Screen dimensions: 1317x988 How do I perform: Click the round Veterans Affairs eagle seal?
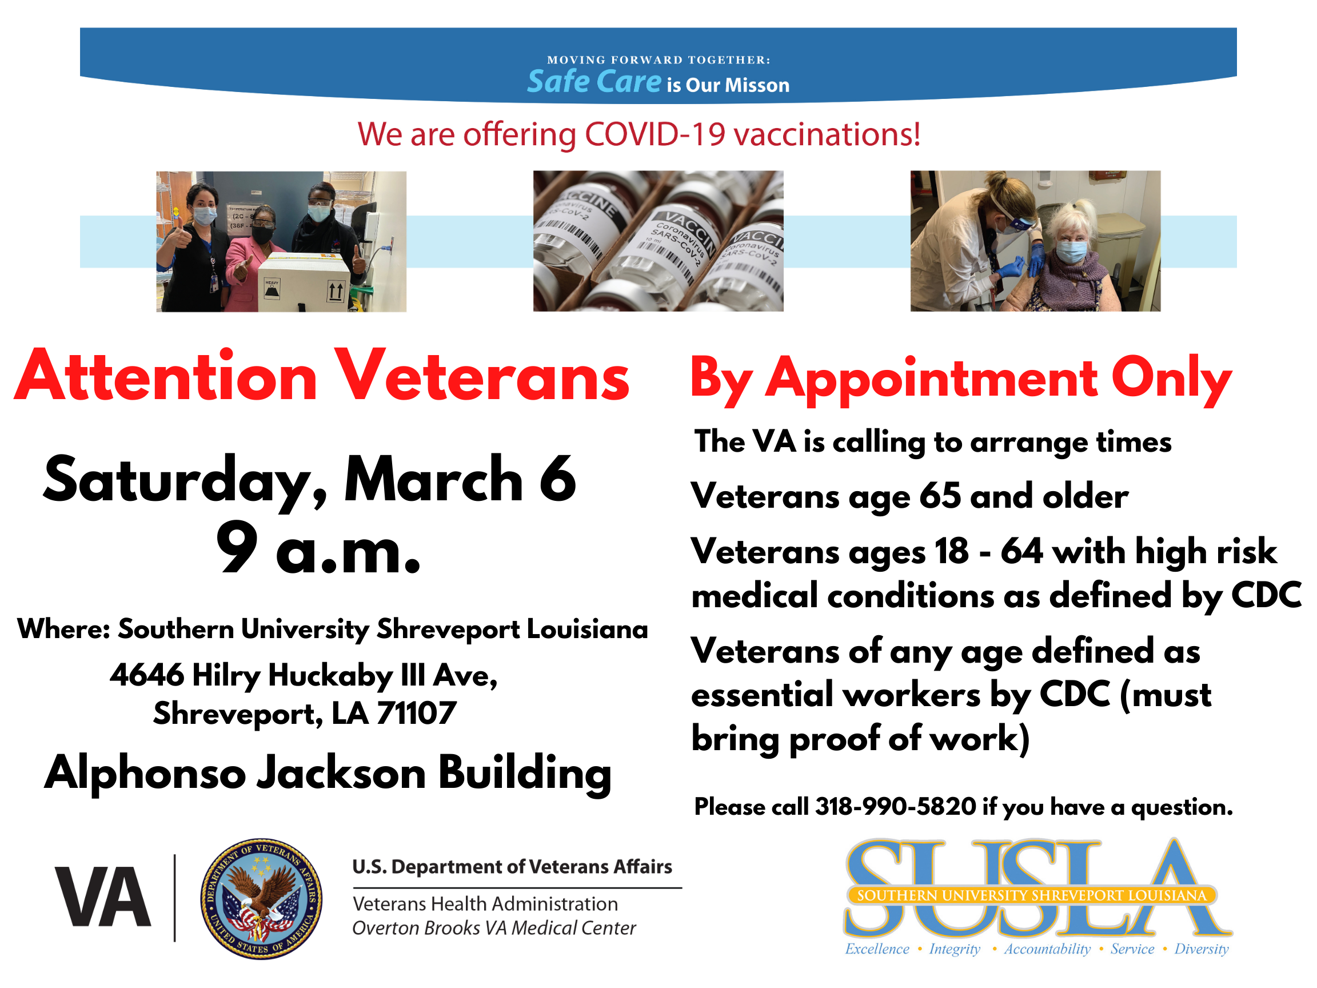pos(261,899)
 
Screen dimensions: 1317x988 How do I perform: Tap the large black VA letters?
pos(102,897)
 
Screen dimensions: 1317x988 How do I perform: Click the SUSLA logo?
pos(1037,897)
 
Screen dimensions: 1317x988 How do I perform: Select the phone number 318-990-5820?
pos(896,806)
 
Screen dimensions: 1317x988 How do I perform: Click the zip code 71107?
pos(417,713)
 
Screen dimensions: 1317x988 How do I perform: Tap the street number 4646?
pos(147,675)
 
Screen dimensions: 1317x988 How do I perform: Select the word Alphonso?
pos(145,774)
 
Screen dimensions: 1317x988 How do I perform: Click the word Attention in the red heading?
pos(166,376)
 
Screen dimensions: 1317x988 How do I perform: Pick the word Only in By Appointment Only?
pos(1171,380)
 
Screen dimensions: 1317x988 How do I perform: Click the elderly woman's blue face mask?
pos(1071,252)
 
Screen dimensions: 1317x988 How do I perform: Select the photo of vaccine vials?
pos(658,241)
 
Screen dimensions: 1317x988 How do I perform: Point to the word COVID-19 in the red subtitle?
pos(655,134)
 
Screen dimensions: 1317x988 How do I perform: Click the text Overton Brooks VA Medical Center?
pos(494,928)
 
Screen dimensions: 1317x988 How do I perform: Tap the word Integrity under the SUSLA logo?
pos(955,949)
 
